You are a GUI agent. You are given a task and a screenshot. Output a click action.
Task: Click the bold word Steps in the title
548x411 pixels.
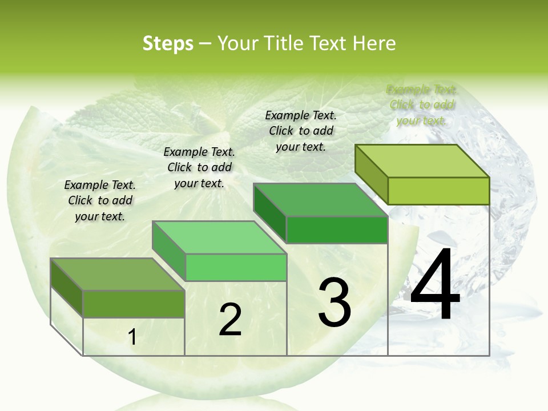[x=168, y=43]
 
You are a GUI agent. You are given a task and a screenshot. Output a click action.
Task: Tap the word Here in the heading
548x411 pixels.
[x=374, y=43]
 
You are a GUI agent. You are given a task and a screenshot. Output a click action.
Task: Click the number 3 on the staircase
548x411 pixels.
[x=335, y=303]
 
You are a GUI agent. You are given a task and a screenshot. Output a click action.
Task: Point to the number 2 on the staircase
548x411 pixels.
[x=230, y=320]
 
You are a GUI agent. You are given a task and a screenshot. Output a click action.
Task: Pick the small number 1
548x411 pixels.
[x=132, y=337]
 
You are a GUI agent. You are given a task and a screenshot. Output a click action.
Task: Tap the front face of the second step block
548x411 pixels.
[x=235, y=267]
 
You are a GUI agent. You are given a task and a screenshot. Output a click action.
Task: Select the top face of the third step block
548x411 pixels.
[x=320, y=200]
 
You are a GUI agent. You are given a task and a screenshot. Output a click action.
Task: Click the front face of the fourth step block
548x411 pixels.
[x=438, y=191]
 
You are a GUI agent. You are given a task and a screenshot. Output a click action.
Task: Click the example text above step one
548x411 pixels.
[x=100, y=200]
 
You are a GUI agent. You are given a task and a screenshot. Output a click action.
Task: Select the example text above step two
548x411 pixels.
[x=199, y=167]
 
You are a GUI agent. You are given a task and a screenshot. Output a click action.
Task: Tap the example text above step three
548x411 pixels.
[x=301, y=131]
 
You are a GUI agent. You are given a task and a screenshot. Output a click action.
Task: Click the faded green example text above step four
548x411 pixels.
[x=421, y=104]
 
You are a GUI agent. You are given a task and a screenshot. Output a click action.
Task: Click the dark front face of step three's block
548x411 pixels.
[x=337, y=229]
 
